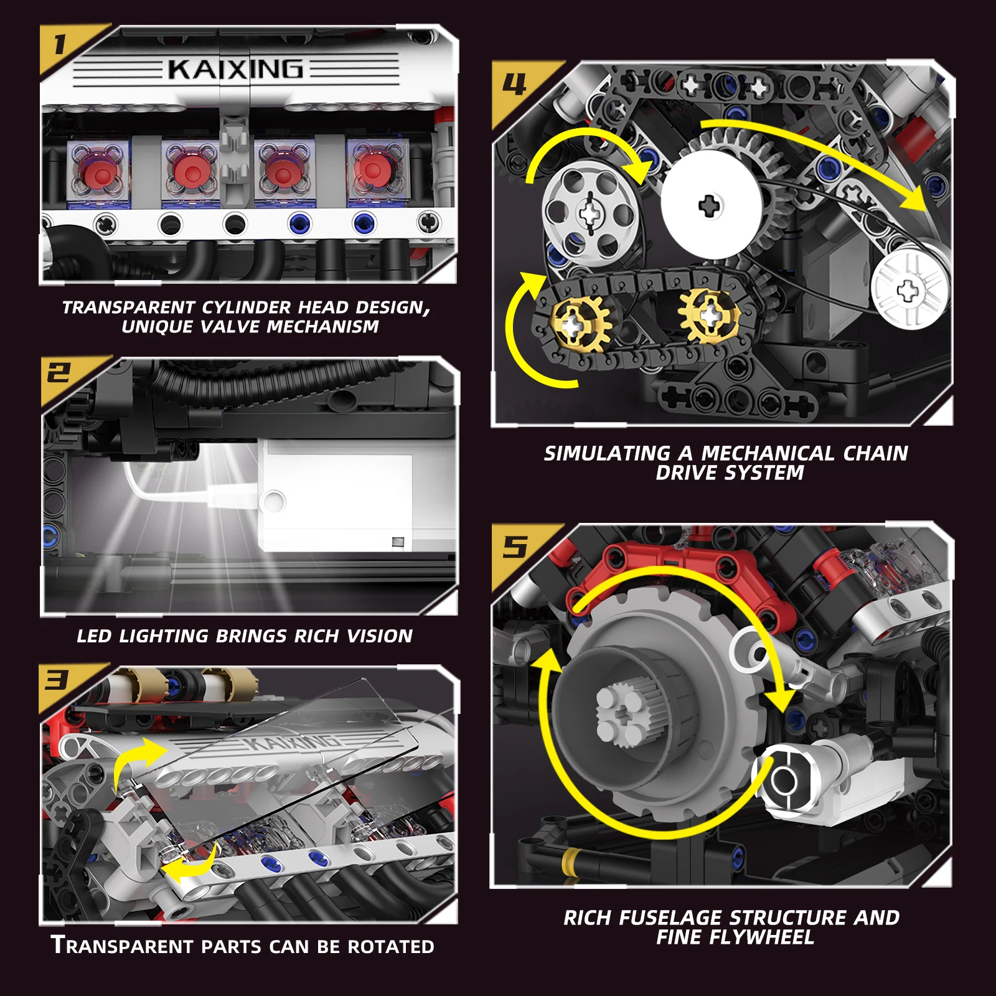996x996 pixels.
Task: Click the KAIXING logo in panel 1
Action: click(x=235, y=68)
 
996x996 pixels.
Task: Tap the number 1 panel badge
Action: click(x=60, y=45)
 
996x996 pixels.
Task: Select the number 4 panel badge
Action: click(x=514, y=84)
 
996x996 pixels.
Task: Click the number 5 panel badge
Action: click(x=514, y=547)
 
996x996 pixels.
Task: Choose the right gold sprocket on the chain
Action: click(x=710, y=316)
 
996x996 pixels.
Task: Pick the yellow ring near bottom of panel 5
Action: click(x=570, y=863)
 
